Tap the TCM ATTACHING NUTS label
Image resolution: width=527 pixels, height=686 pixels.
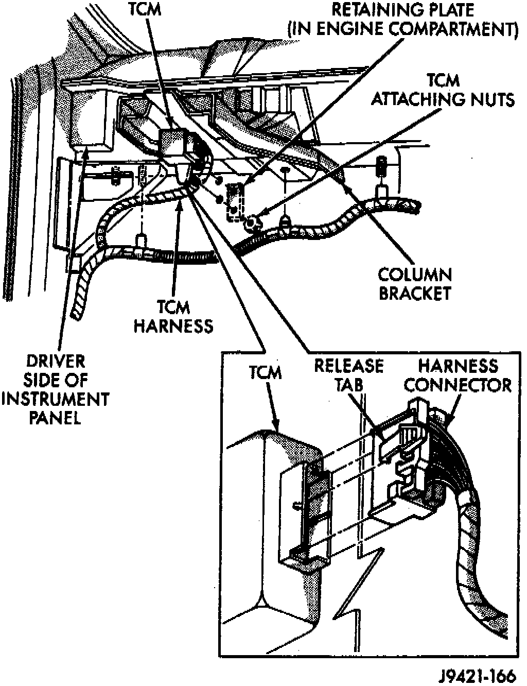(x=443, y=90)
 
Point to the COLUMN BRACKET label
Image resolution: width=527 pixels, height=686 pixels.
(x=415, y=284)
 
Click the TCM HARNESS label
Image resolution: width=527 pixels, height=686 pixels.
(x=173, y=316)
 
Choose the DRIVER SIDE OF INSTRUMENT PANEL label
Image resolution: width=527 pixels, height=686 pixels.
(x=55, y=389)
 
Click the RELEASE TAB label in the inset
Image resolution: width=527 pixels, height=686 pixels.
(x=349, y=374)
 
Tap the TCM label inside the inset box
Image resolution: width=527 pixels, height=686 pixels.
(x=266, y=372)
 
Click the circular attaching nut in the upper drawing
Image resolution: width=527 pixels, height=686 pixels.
(x=252, y=222)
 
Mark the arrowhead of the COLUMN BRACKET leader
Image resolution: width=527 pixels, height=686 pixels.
(x=342, y=177)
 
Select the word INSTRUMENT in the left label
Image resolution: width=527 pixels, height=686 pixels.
(x=55, y=399)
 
